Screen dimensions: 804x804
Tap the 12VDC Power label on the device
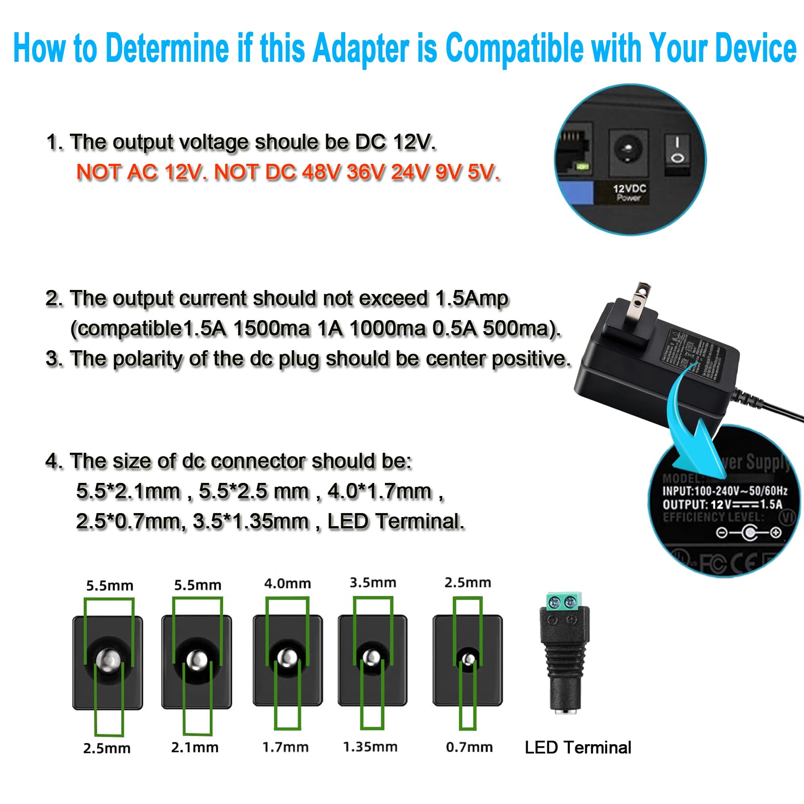click(629, 192)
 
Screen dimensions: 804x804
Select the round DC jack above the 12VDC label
click(628, 150)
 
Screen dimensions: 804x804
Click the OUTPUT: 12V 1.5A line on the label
click(722, 505)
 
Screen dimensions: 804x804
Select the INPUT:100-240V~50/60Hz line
click(724, 491)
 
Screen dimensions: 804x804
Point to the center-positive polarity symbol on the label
click(748, 532)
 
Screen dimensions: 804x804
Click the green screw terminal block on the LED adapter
click(562, 601)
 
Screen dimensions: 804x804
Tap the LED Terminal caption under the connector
click(578, 748)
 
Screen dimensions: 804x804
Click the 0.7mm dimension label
click(469, 747)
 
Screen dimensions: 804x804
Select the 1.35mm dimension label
click(370, 747)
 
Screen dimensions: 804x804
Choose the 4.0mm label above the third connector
click(287, 583)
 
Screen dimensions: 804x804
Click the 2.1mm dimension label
click(195, 747)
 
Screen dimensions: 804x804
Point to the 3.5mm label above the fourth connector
click(373, 582)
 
